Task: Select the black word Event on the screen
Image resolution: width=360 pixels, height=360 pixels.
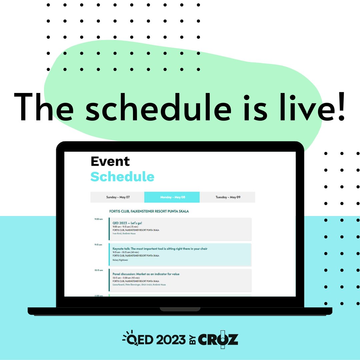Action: [110, 161]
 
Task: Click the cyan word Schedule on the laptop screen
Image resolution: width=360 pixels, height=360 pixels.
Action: [122, 177]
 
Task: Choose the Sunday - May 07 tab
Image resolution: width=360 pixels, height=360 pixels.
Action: [118, 197]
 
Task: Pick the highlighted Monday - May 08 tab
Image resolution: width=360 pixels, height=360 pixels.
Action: [172, 197]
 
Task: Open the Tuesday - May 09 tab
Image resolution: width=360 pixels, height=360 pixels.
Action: [228, 197]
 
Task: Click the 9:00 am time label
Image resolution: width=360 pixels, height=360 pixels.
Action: [99, 219]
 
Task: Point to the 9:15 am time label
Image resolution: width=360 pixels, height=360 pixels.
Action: [98, 244]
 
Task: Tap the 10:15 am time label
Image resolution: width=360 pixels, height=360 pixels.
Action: [99, 270]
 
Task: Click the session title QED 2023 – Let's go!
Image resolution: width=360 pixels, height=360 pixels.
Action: [127, 223]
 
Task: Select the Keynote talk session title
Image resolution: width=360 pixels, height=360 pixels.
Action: [160, 249]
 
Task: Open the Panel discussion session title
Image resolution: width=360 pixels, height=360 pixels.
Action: [146, 274]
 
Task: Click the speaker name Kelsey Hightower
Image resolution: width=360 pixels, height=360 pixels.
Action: [120, 260]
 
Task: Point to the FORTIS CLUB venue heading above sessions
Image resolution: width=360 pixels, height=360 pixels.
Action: [149, 211]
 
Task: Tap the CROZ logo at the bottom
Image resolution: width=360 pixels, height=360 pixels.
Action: [218, 340]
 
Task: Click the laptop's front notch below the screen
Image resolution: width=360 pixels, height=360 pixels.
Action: [180, 309]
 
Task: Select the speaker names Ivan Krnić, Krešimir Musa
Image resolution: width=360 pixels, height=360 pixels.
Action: [124, 233]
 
